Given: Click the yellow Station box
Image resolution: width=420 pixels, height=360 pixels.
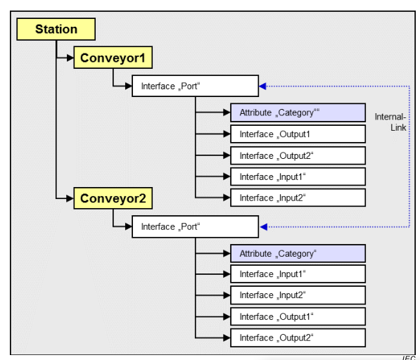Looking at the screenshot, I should click(x=56, y=30).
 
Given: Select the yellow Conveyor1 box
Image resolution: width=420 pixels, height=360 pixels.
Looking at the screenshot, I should click(x=113, y=58).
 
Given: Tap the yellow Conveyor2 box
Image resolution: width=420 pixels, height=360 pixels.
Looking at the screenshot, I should click(x=113, y=198).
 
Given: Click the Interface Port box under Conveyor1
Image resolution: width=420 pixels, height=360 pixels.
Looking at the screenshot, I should click(x=195, y=86).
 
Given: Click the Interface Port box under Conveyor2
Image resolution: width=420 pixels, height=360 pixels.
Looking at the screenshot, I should click(x=195, y=226).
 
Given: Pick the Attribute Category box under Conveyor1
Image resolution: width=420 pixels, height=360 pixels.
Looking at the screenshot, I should click(x=298, y=112).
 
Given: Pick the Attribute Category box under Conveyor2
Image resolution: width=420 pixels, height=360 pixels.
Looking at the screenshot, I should click(x=298, y=253).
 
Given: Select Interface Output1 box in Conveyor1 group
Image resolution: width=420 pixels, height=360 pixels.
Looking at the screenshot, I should click(x=298, y=134).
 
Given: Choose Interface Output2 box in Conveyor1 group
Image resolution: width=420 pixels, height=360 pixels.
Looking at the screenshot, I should click(x=298, y=155).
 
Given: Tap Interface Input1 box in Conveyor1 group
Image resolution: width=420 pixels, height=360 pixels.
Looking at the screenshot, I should click(x=298, y=176).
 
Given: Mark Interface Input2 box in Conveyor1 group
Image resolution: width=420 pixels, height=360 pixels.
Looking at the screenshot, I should click(x=298, y=198).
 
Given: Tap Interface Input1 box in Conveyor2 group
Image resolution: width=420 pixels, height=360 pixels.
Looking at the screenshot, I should click(x=298, y=274).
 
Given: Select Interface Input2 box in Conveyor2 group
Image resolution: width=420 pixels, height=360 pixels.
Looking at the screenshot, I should click(x=298, y=295).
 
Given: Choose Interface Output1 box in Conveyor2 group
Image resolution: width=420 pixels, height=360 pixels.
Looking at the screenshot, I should click(x=298, y=316).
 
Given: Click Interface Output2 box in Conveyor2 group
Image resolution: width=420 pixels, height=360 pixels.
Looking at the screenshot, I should click(x=298, y=337).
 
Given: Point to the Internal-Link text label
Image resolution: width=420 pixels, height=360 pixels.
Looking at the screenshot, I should click(x=390, y=122).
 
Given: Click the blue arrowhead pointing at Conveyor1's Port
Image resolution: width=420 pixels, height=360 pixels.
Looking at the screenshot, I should click(x=263, y=86).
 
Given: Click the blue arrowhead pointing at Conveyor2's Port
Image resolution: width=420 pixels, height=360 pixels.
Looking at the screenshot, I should click(x=263, y=226).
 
